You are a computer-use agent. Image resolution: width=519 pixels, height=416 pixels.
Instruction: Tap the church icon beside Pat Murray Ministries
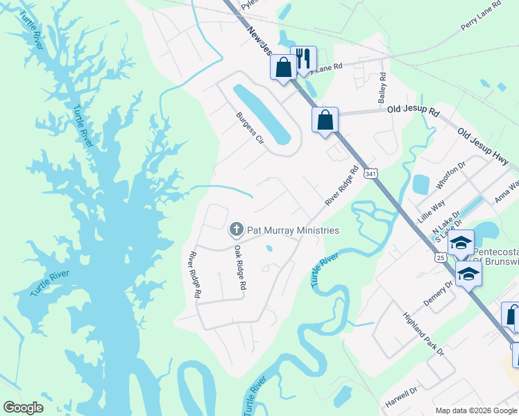[x=237, y=229]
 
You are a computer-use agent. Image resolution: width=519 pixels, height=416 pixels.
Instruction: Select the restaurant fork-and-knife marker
[x=303, y=58]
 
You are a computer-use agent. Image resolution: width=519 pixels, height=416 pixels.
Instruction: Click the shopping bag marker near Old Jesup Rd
[x=325, y=120]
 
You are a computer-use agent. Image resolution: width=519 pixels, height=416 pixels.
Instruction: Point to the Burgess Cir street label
[x=250, y=128]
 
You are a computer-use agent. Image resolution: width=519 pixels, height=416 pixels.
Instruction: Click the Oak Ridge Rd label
[x=240, y=267]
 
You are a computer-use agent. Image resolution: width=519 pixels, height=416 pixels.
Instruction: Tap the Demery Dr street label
[x=438, y=294]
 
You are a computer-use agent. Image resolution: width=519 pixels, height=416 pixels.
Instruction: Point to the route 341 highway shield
[x=372, y=173]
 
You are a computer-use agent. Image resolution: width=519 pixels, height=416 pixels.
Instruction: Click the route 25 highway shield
[x=440, y=257]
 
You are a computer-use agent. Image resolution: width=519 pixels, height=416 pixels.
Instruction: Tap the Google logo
[x=23, y=408]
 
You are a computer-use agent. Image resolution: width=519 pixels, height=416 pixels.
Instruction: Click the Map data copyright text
[x=476, y=410]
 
